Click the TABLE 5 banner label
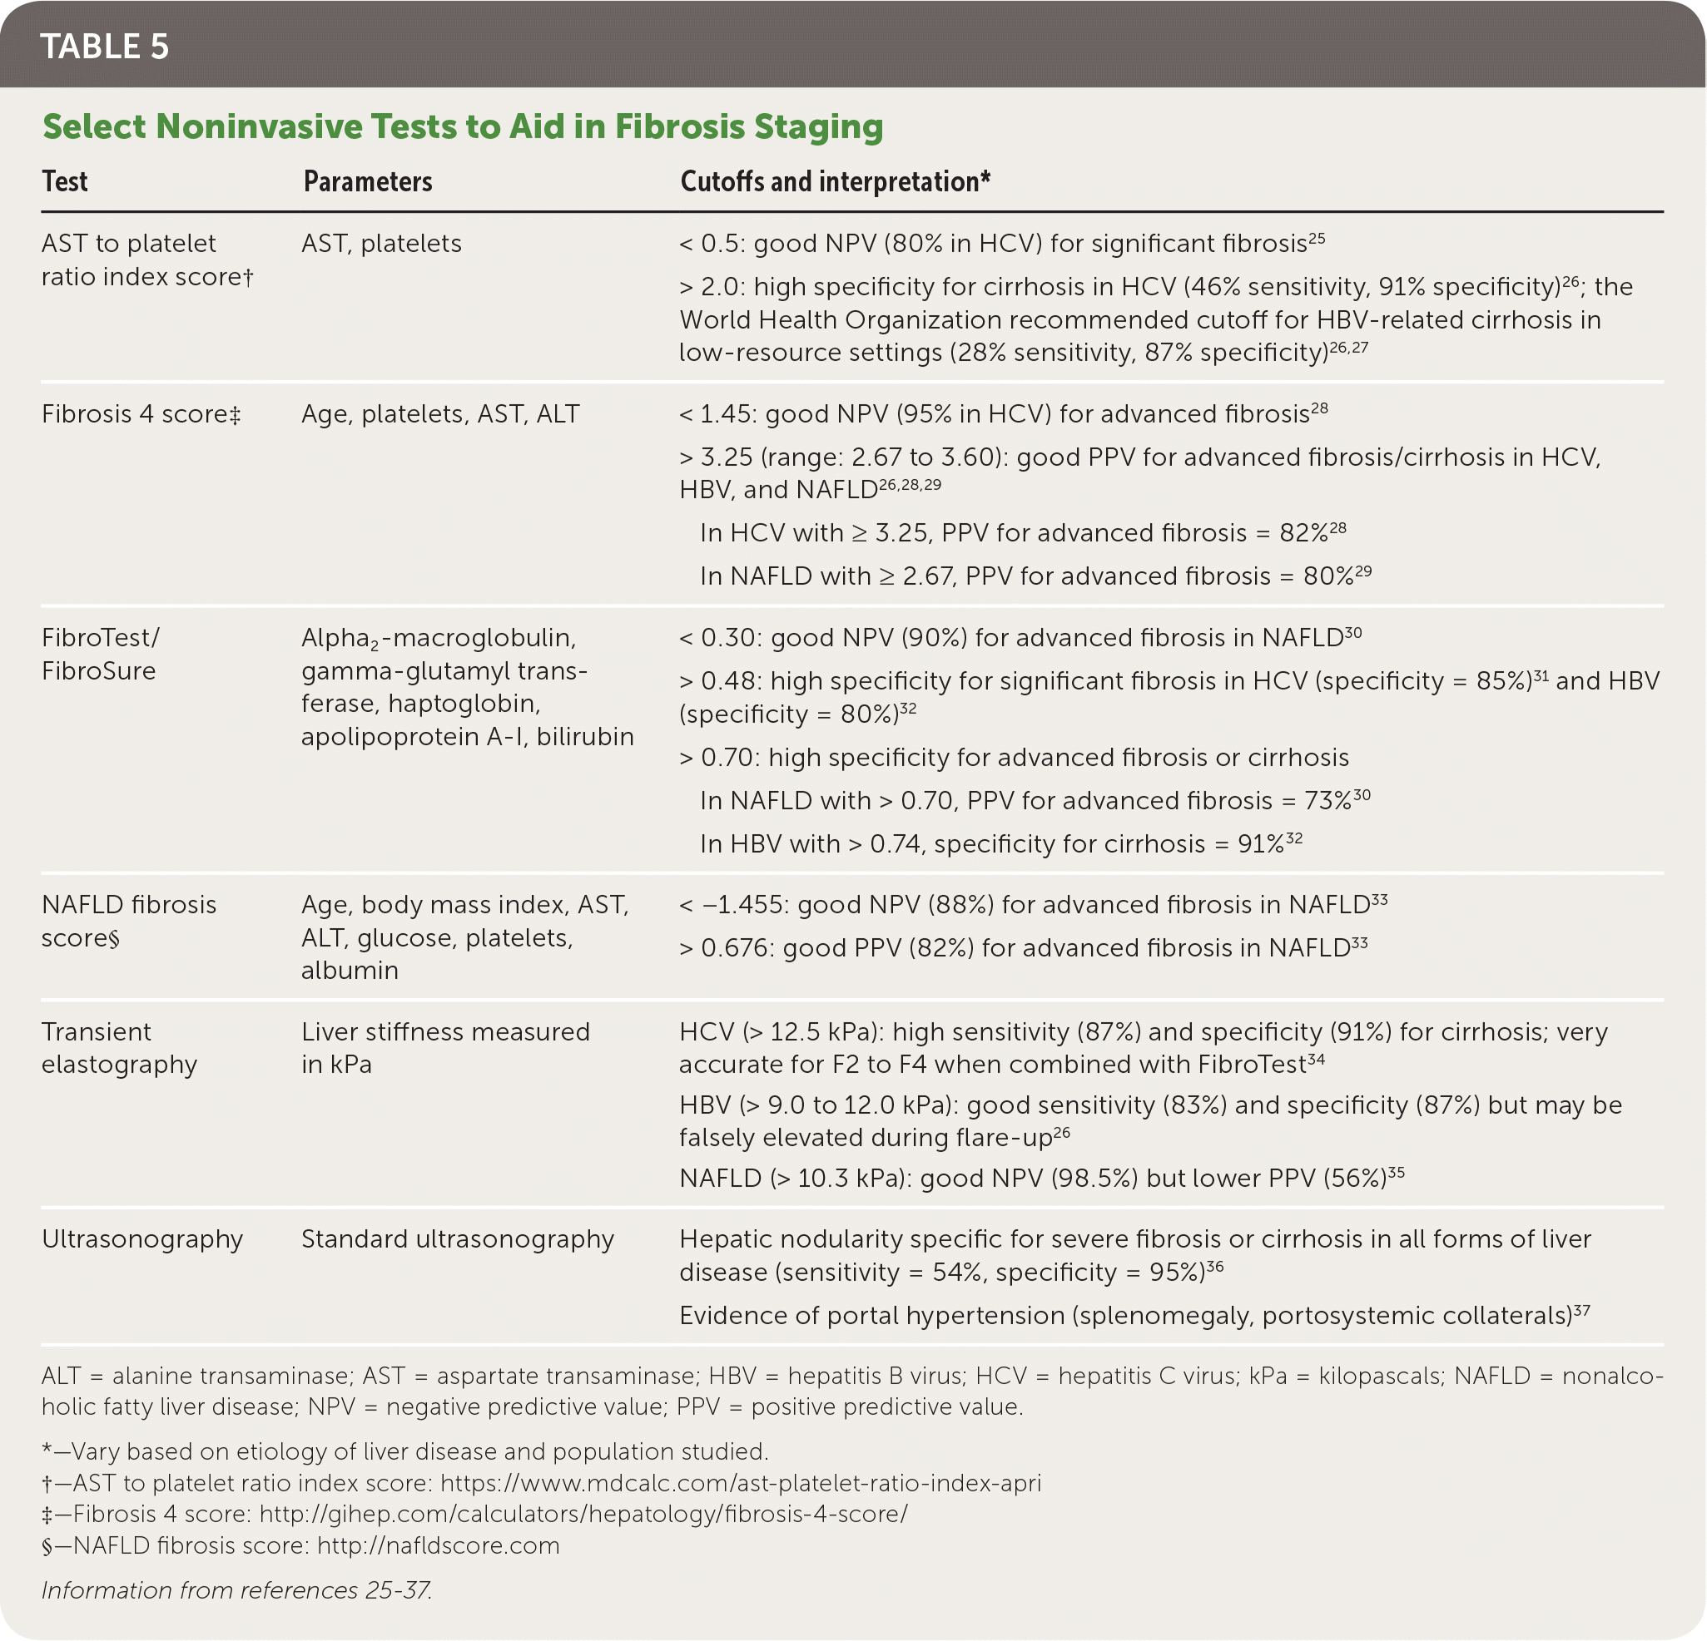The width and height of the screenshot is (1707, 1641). [105, 47]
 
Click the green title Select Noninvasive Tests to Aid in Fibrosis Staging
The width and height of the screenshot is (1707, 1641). [463, 127]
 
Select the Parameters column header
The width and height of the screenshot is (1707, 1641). [368, 182]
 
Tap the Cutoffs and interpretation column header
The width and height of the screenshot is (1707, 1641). [834, 182]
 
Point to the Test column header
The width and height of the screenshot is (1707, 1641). [65, 182]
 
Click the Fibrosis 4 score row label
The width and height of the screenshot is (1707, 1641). [140, 413]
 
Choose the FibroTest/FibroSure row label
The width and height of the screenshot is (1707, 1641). [100, 654]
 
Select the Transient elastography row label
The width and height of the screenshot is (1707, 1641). [119, 1047]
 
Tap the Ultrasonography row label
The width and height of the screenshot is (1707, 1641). [142, 1238]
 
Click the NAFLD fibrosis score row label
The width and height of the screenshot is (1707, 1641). [128, 920]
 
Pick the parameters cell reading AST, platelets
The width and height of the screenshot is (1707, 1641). [381, 244]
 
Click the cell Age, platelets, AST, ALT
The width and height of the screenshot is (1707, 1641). [439, 413]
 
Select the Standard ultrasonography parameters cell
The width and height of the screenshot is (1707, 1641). [457, 1238]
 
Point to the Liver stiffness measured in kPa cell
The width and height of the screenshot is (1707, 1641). [445, 1047]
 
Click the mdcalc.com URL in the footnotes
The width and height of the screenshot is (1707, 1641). [740, 1483]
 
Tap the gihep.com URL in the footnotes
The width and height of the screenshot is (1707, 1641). [583, 1514]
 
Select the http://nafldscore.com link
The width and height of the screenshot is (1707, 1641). [438, 1545]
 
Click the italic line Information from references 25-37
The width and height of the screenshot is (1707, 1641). [237, 1590]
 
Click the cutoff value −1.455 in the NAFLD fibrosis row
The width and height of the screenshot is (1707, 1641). [743, 906]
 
